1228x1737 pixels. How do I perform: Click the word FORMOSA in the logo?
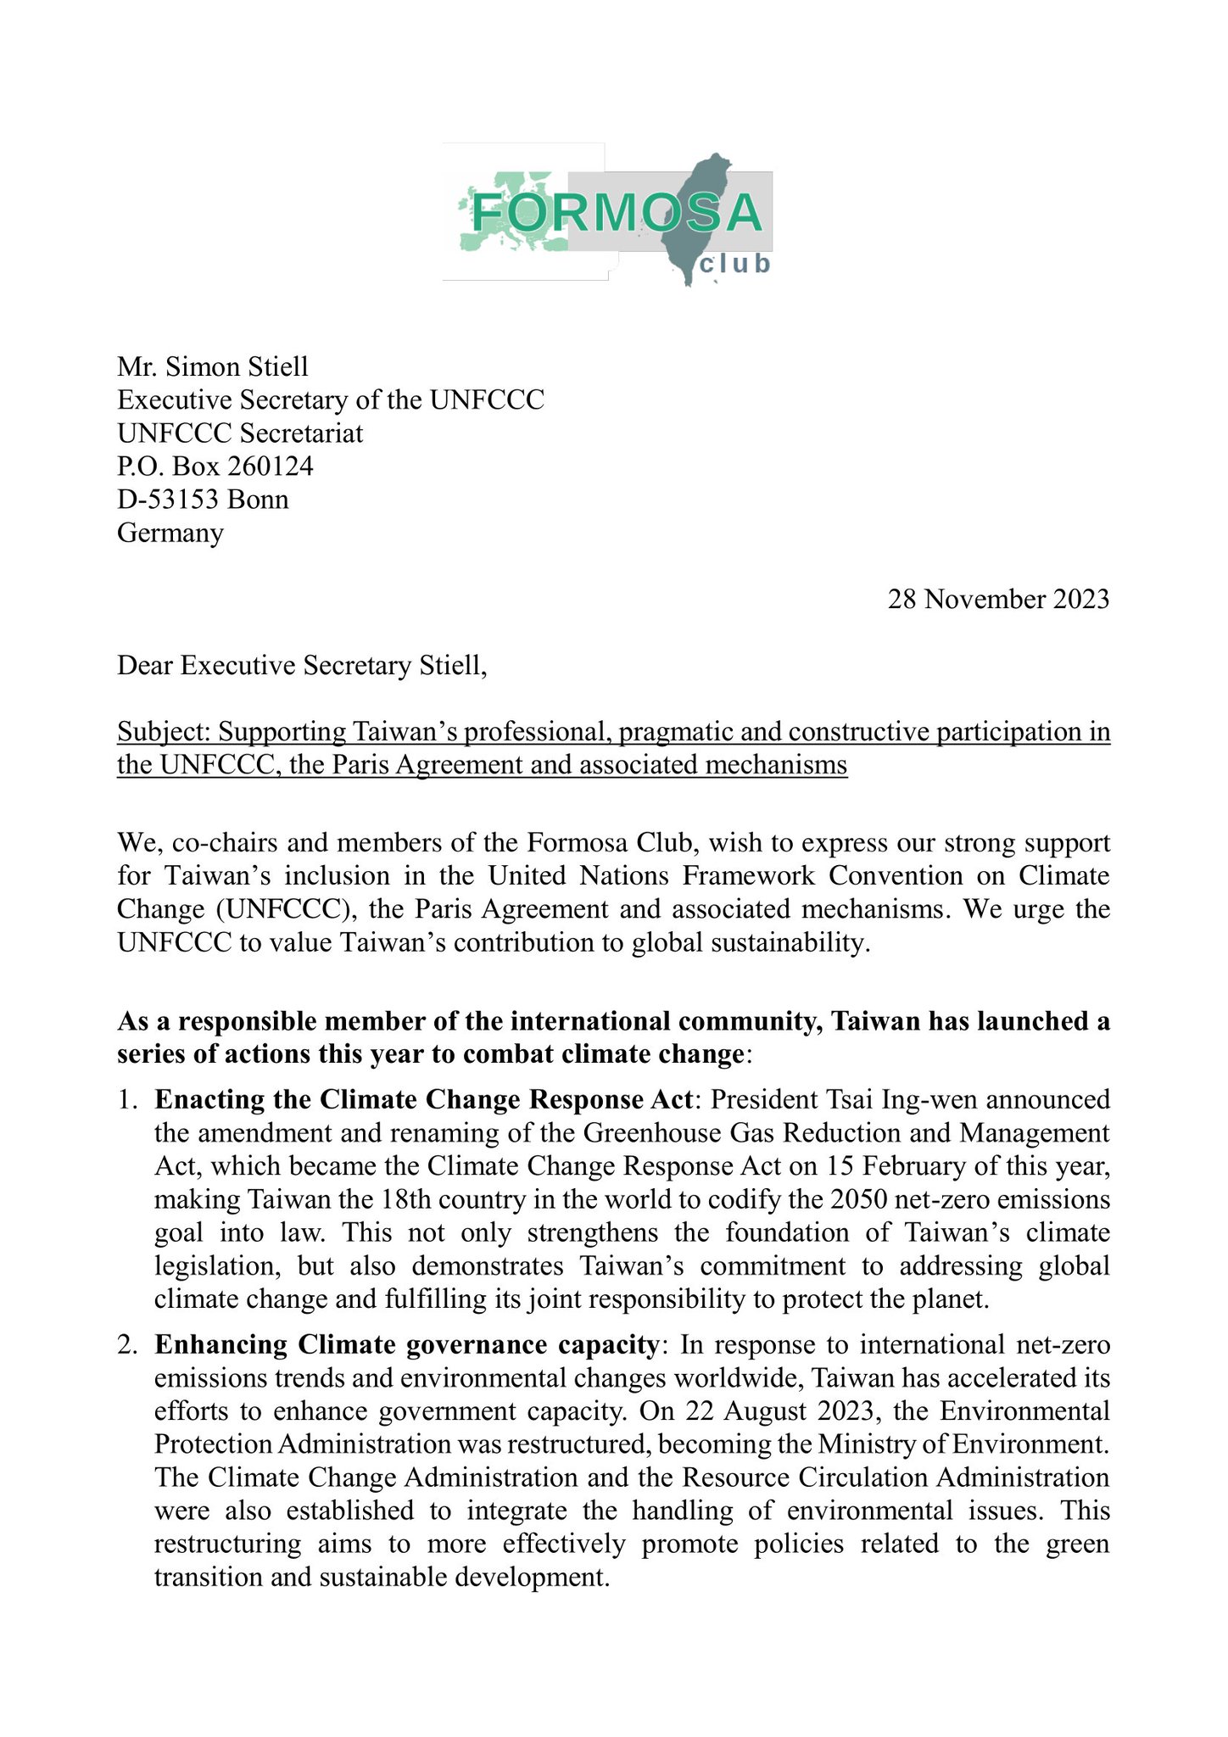click(x=617, y=213)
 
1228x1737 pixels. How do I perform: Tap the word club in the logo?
click(x=734, y=265)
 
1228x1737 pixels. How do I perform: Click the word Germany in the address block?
click(x=170, y=533)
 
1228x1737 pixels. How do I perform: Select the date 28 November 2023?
click(x=998, y=599)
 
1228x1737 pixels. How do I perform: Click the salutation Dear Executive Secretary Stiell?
click(x=302, y=666)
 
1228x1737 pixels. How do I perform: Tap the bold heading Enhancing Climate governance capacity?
click(x=406, y=1345)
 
